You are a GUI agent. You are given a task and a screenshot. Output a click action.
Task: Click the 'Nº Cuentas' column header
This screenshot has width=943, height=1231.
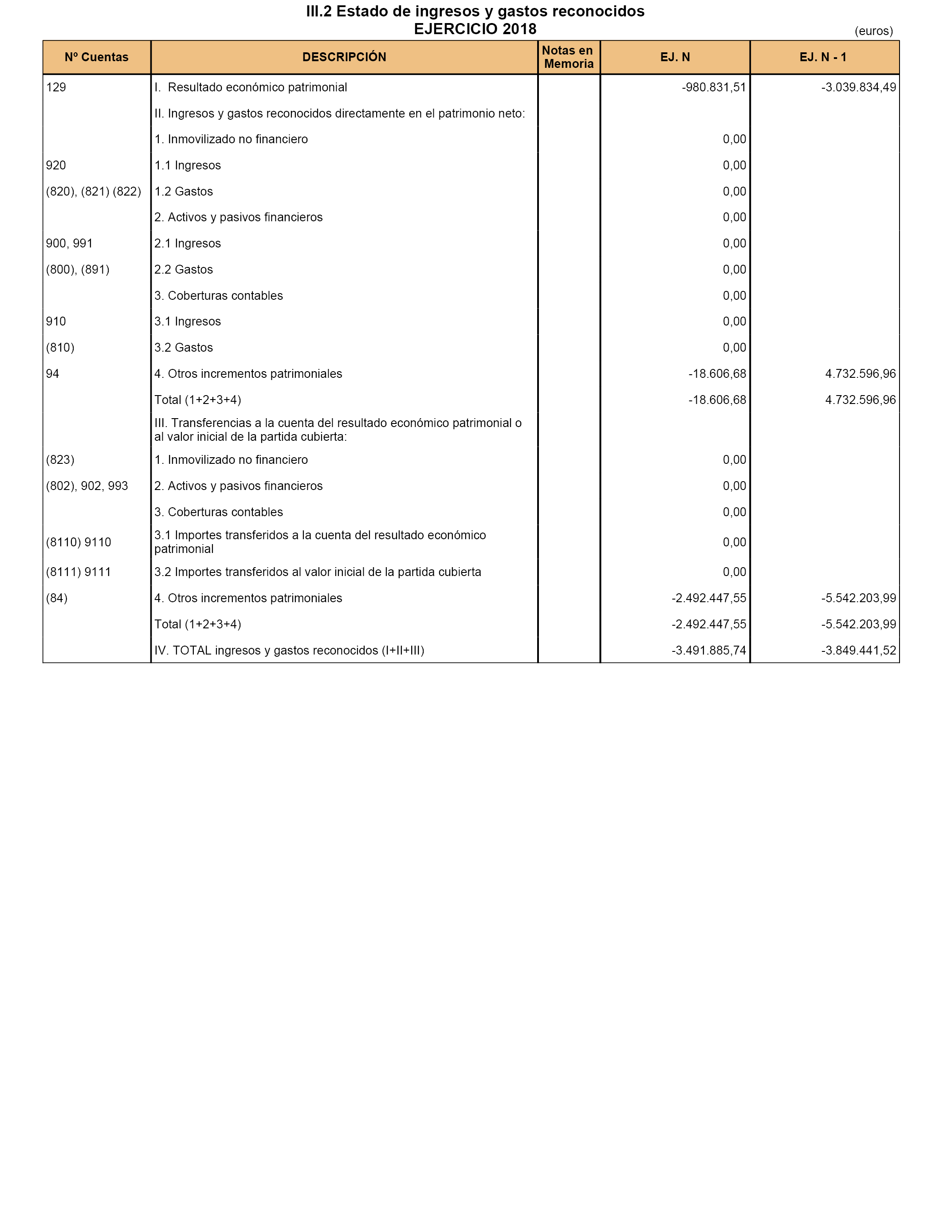97,57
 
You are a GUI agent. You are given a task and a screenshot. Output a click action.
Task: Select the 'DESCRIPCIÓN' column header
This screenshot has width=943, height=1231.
344,57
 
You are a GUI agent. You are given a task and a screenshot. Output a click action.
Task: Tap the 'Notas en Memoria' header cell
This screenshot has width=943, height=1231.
569,57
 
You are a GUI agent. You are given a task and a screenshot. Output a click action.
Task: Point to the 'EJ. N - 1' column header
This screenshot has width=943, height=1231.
823,57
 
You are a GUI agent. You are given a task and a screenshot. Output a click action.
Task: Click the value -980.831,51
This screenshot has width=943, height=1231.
714,87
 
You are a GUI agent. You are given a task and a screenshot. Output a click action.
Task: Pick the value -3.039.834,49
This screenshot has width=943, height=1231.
858,87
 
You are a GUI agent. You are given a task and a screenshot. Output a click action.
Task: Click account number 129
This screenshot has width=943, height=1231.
56,87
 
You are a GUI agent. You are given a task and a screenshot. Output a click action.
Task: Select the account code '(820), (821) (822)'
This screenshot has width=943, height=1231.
94,192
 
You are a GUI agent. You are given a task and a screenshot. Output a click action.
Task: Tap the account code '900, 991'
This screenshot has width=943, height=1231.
70,243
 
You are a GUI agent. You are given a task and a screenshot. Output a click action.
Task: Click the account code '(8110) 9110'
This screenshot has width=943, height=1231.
79,543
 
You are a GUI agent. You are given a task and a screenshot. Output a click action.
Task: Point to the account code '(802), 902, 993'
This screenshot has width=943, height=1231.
87,486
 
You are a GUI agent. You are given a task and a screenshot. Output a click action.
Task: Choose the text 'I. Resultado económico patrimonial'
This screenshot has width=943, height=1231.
251,87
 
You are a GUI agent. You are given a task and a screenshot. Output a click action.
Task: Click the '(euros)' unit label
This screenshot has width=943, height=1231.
873,31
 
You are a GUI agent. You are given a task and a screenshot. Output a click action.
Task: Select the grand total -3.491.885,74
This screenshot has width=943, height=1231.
709,651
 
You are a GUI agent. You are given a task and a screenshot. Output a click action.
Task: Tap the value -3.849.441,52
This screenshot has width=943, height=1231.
858,651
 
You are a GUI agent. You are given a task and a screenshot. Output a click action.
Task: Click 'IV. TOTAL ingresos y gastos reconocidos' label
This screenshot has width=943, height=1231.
289,651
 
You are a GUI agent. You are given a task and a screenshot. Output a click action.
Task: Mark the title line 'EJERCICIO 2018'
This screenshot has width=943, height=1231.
475,29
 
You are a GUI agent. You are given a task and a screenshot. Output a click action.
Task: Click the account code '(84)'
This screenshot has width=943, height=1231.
57,599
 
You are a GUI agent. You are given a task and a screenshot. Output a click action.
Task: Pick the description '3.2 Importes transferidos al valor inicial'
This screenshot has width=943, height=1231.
318,572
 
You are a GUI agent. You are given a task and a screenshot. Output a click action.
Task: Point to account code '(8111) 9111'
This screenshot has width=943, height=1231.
79,572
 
